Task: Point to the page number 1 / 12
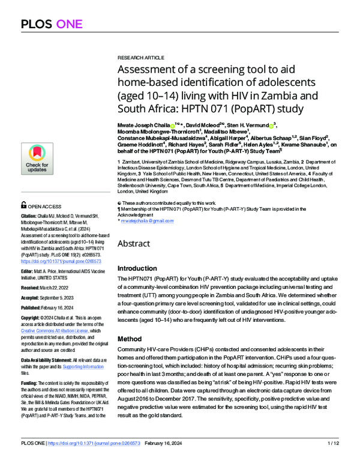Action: [x=332, y=459]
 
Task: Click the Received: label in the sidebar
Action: [x=34, y=288]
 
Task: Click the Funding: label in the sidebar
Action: [x=32, y=383]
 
